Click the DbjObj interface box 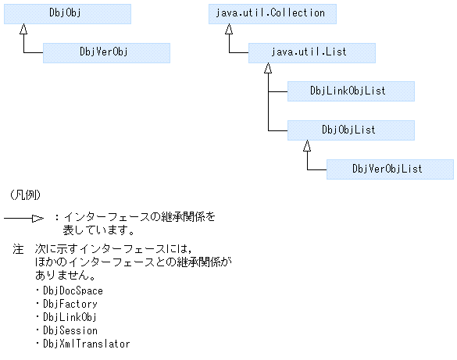coord(67,13)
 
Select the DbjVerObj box coord(106,52)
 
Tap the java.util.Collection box coord(273,13)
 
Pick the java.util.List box coord(312,52)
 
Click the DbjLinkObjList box coord(351,91)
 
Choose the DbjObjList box coord(351,130)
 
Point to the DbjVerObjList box coord(390,169)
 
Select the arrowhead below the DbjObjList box coord(308,146)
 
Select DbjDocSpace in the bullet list coord(73,290)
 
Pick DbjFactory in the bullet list coord(70,304)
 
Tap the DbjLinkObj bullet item coord(70,317)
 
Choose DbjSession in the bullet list coord(70,330)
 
